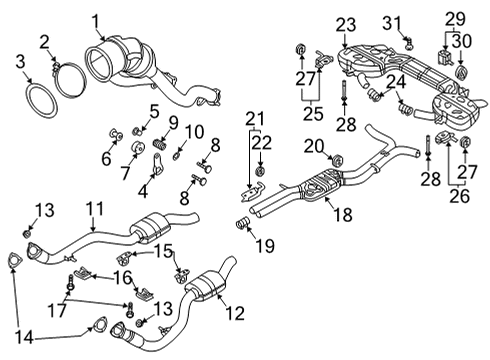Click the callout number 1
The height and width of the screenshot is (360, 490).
click(96, 21)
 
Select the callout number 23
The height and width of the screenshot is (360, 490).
click(346, 25)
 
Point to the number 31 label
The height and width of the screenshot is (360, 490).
click(391, 23)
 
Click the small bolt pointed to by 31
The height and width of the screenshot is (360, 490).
click(409, 44)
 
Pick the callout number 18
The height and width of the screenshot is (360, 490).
click(343, 214)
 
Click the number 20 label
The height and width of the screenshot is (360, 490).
click(313, 146)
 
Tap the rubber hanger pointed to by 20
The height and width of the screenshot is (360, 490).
click(337, 160)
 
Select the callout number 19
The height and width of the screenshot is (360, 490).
click(265, 246)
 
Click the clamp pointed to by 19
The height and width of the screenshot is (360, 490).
click(242, 223)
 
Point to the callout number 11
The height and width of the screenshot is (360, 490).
click(95, 208)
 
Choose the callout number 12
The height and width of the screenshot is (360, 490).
click(235, 313)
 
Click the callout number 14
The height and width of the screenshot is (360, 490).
click(24, 337)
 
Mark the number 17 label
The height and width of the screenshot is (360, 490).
click(58, 310)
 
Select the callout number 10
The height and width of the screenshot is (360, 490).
click(194, 132)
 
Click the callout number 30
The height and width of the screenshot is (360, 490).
click(462, 41)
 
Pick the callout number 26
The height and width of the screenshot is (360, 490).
click(460, 196)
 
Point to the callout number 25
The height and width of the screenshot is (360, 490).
click(313, 113)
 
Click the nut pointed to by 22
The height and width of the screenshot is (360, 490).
click(259, 171)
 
